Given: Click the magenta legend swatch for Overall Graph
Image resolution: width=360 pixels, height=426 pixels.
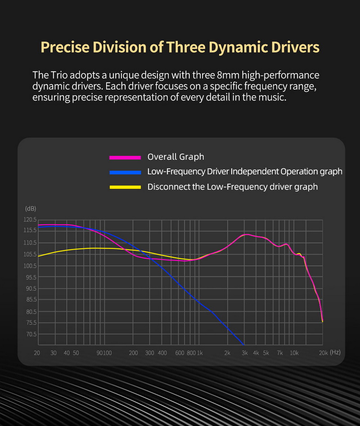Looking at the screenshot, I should tap(126, 157).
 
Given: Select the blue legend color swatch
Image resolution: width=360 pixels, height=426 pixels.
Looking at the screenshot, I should tap(126, 172).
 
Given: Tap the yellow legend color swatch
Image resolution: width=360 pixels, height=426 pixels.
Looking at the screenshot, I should tap(126, 187).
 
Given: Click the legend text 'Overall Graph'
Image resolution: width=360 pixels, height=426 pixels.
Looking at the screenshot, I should tap(175, 157).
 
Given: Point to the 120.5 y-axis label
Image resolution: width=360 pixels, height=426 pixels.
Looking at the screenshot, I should tap(30, 220).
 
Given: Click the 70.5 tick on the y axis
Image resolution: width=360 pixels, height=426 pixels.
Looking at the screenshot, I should tap(31, 334).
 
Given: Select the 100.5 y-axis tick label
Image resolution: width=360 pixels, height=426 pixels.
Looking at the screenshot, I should tap(30, 266).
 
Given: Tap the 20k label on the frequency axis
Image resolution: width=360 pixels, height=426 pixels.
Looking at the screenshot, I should tap(323, 353).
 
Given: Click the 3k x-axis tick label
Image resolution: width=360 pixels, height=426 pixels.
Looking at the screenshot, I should tap(244, 353).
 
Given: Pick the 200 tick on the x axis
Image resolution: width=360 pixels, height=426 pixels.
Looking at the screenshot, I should tap(133, 353).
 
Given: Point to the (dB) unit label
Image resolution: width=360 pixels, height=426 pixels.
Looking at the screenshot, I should tap(30, 209).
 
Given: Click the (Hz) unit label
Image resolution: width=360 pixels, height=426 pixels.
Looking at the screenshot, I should tap(335, 353).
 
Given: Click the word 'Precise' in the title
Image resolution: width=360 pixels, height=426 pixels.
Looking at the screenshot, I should tap(66, 47).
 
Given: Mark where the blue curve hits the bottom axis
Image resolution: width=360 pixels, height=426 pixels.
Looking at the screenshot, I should tap(243, 345).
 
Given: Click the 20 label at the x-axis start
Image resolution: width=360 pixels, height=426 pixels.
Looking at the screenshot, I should tap(37, 353).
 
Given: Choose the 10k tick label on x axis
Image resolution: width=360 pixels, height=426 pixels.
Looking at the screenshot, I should tap(294, 353).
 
